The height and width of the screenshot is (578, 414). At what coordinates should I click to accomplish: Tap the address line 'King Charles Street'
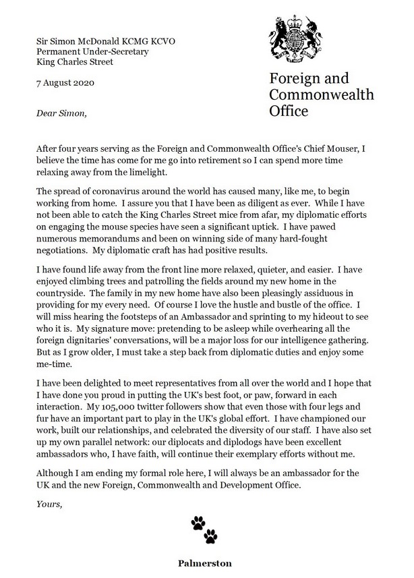click(75, 61)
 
